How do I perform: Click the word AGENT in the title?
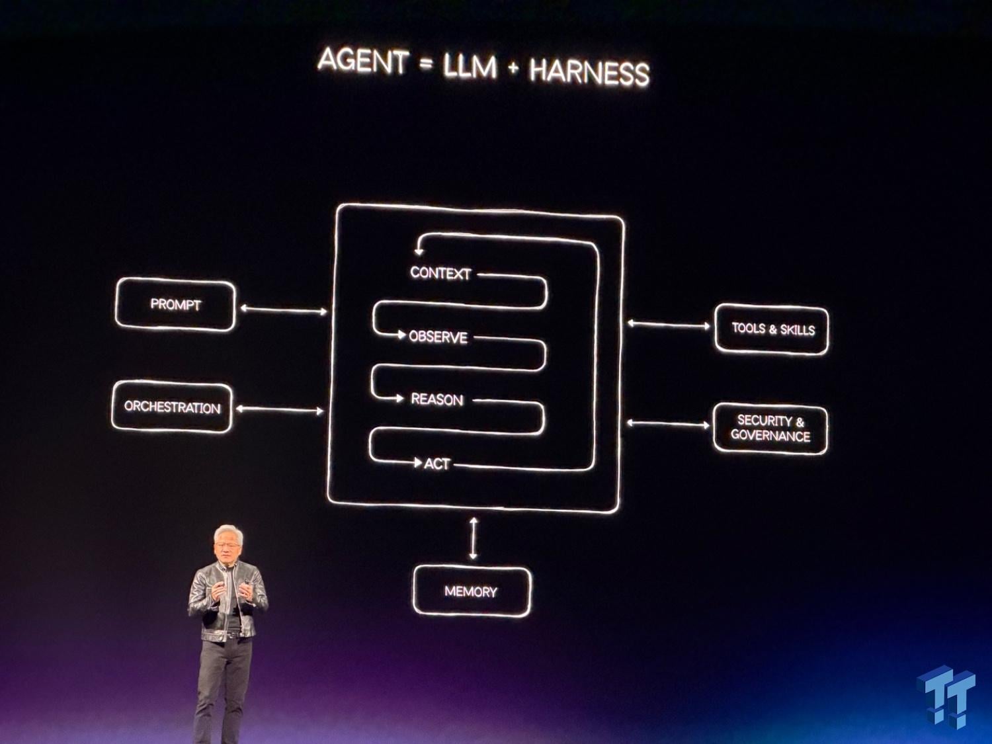pyautogui.click(x=363, y=61)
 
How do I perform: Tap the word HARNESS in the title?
pyautogui.click(x=589, y=72)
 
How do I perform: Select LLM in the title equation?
pyautogui.click(x=470, y=66)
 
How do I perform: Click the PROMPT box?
pyautogui.click(x=175, y=304)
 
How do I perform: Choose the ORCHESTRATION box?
pyautogui.click(x=172, y=407)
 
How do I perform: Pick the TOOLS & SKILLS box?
pyautogui.click(x=772, y=329)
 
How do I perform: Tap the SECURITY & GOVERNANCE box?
pyautogui.click(x=770, y=429)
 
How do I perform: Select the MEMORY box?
pyautogui.click(x=472, y=592)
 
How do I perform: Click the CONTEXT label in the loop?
pyautogui.click(x=440, y=273)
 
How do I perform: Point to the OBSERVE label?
pyautogui.click(x=438, y=337)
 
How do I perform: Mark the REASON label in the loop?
pyautogui.click(x=437, y=400)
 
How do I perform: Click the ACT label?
pyautogui.click(x=436, y=464)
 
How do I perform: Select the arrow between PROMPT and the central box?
pyautogui.click(x=283, y=310)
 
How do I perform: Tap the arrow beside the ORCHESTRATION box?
pyautogui.click(x=280, y=410)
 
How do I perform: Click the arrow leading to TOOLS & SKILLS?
pyautogui.click(x=669, y=324)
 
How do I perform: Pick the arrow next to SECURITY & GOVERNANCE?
pyautogui.click(x=668, y=424)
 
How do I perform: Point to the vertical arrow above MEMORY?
pyautogui.click(x=473, y=538)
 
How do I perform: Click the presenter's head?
pyautogui.click(x=228, y=544)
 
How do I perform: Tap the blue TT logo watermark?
pyautogui.click(x=946, y=696)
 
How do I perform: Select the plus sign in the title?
pyautogui.click(x=513, y=67)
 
